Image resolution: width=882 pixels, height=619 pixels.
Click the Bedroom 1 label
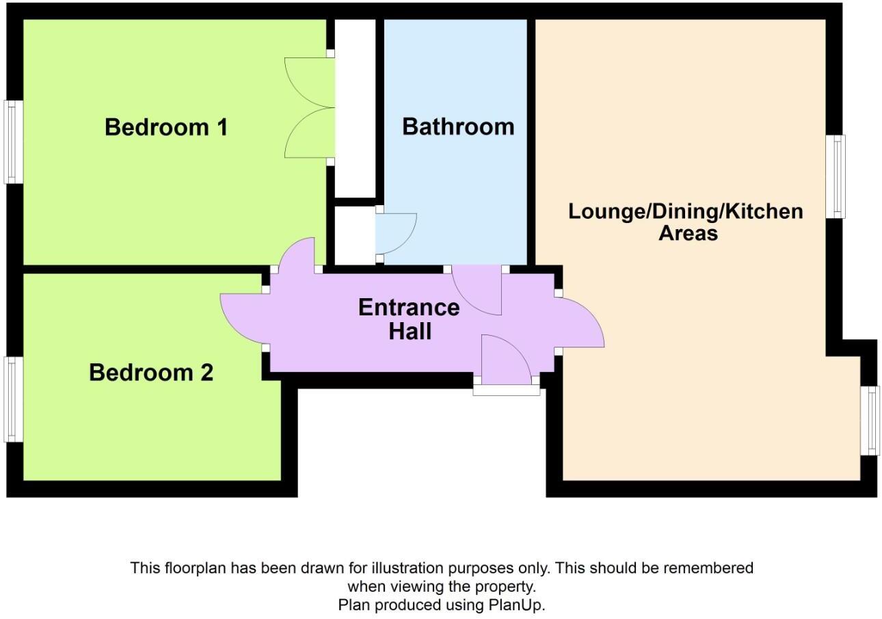click(165, 127)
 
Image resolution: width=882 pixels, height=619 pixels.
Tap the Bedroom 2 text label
click(151, 373)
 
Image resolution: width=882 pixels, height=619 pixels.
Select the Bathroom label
click(457, 127)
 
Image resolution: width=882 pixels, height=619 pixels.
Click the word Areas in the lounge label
click(688, 233)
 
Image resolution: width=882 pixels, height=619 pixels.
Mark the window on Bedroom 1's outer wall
click(13, 142)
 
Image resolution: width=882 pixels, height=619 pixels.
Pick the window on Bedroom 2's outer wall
click(13, 399)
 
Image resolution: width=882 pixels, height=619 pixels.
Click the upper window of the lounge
click(835, 176)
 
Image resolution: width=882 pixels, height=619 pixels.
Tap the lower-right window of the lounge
click(869, 420)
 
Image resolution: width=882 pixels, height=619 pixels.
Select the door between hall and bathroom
click(479, 290)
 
